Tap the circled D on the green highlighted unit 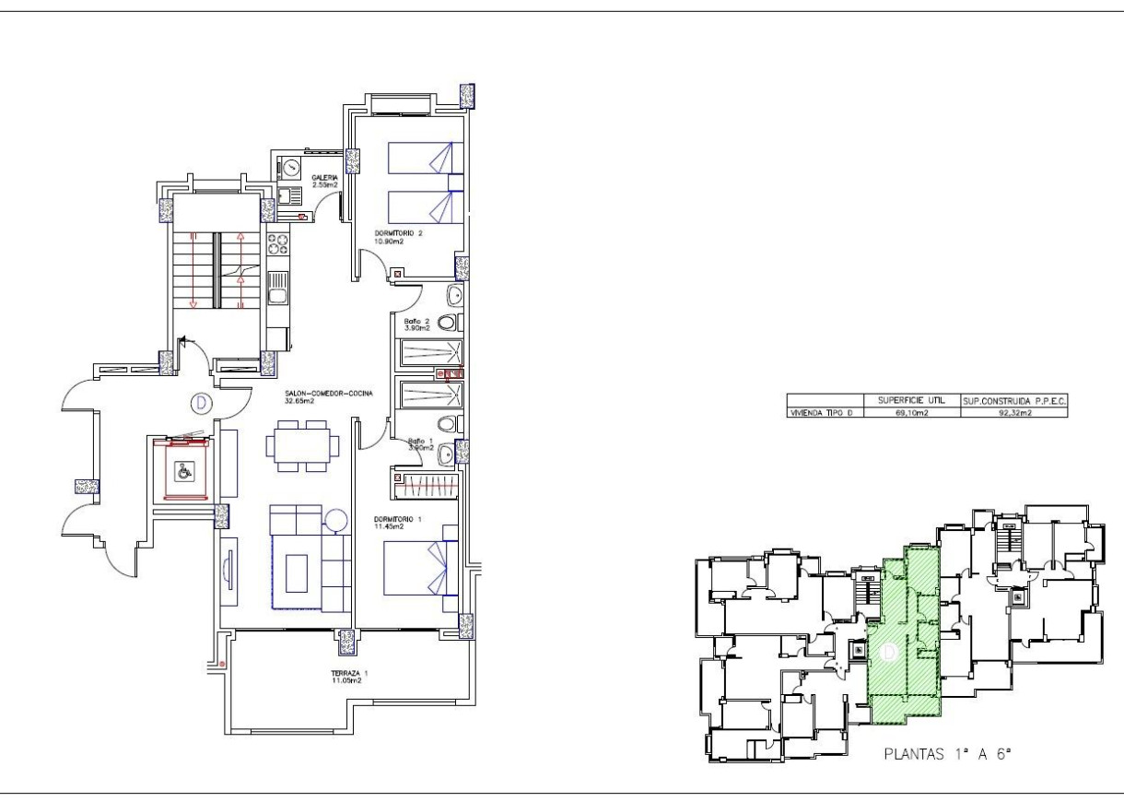pos(889,653)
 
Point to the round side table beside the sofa pos(334,521)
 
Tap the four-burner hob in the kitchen pos(278,244)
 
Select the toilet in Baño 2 pos(448,323)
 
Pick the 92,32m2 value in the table pos(1014,413)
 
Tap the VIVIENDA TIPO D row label pos(819,413)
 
